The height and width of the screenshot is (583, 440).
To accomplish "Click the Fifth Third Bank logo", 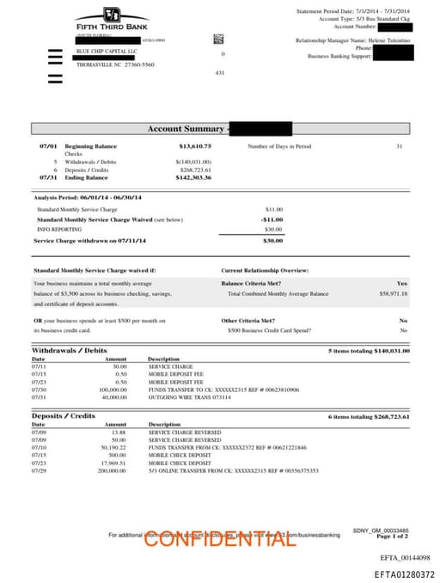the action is [111, 18].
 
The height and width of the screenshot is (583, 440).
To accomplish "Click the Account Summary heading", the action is [184, 129].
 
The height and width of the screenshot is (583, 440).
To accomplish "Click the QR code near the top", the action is [218, 39].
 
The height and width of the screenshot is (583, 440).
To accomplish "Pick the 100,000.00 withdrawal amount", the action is [113, 389].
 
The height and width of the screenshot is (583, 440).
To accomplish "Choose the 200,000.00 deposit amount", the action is [113, 470].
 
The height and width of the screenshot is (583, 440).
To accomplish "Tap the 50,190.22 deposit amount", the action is [114, 447].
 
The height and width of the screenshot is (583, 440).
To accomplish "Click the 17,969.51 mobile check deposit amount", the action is [114, 463].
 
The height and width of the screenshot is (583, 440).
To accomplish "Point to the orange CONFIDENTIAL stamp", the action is [207, 539].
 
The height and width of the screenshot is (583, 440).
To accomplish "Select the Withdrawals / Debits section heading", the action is [70, 351].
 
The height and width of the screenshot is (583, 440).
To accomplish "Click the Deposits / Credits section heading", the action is [64, 416].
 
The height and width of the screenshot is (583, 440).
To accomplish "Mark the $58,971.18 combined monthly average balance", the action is [393, 294].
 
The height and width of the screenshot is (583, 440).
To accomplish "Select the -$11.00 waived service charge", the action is [272, 219].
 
